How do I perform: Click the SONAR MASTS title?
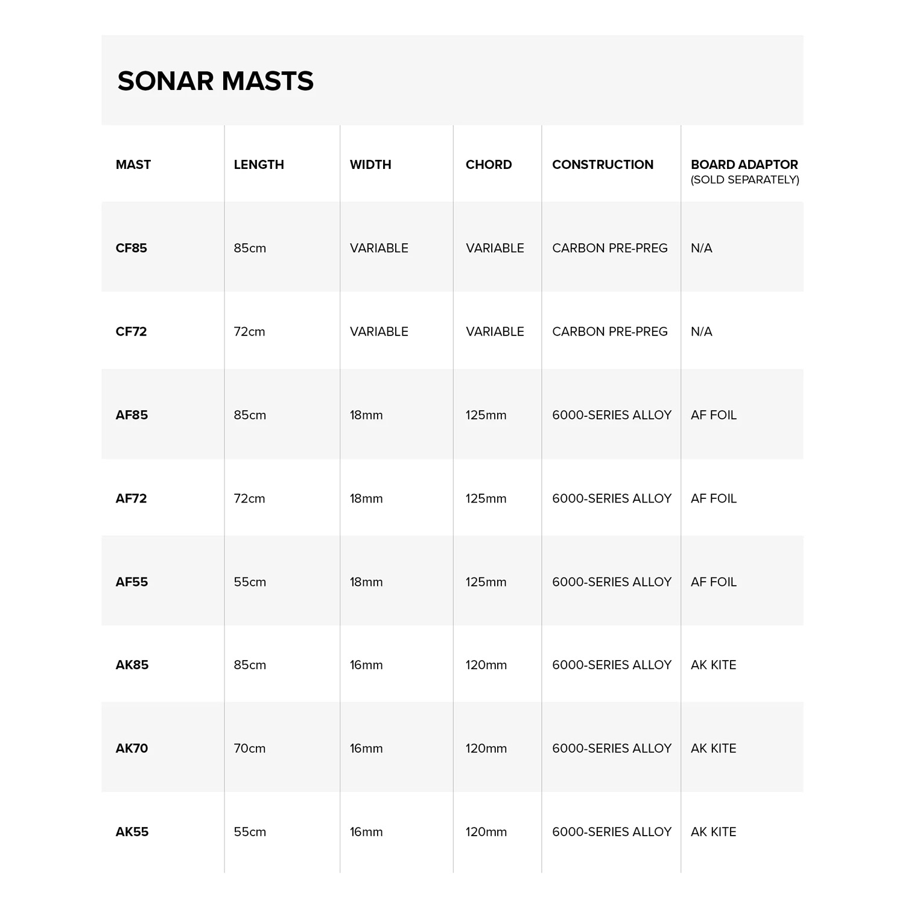pos(215,81)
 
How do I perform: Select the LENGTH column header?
pos(259,165)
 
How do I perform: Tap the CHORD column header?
pos(489,165)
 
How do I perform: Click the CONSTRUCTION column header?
pos(603,165)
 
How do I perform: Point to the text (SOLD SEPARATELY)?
pos(745,180)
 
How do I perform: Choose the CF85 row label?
pos(132,248)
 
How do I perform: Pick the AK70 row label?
pos(132,748)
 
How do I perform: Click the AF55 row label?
pos(132,582)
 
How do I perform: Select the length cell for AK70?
pos(250,748)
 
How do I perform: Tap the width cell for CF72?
pos(379,331)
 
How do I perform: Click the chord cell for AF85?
pos(486,415)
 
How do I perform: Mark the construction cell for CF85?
pos(610,248)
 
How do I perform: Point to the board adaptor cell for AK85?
pos(714,665)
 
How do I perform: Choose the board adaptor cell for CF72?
pos(702,331)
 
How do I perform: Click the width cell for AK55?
pos(366,831)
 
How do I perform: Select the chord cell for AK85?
pos(486,665)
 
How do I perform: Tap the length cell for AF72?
pos(250,498)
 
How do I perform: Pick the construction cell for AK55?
pos(612,831)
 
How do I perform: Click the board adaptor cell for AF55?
pos(714,582)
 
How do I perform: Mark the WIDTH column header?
pos(370,165)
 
